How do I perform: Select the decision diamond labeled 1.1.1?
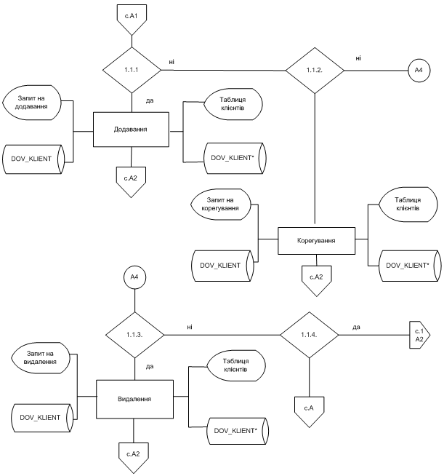click(x=132, y=71)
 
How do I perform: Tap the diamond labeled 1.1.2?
click(x=314, y=71)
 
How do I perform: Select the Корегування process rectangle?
click(x=315, y=239)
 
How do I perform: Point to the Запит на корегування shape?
click(x=221, y=206)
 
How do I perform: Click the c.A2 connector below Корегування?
click(x=315, y=279)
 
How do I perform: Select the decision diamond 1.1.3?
click(x=135, y=335)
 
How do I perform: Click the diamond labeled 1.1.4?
click(x=310, y=335)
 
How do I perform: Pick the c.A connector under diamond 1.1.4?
click(x=310, y=408)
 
